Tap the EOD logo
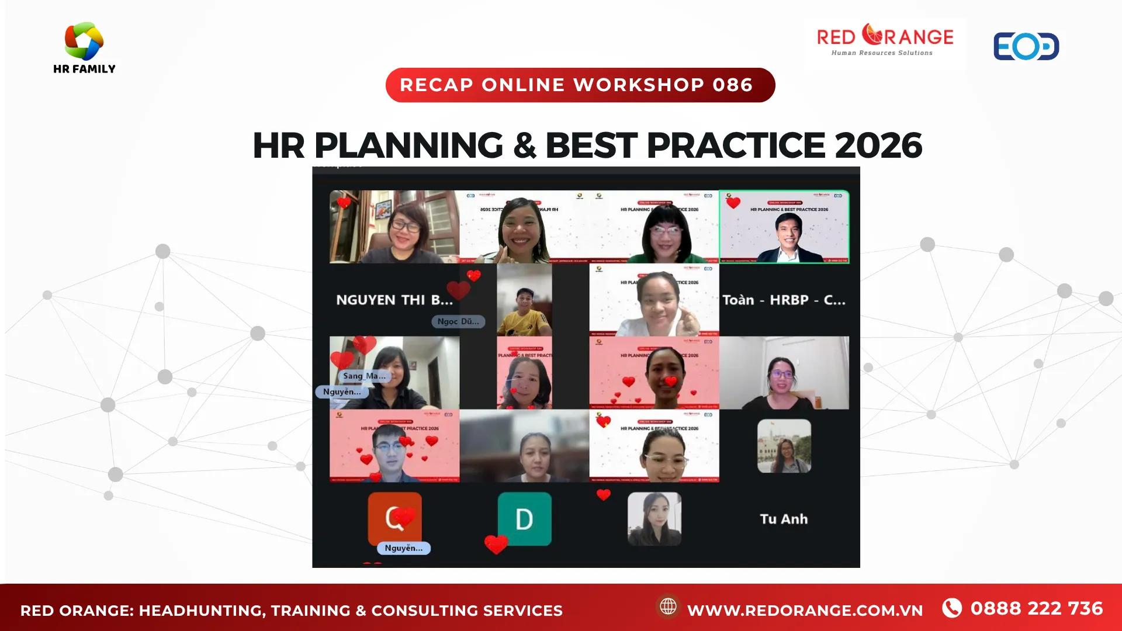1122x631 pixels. tap(1026, 47)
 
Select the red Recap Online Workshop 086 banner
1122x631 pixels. tap(580, 85)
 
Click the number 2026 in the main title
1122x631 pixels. tap(878, 145)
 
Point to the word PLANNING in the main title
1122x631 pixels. tap(408, 145)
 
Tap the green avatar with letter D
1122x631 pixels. tap(524, 519)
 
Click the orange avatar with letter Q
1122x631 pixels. tap(394, 518)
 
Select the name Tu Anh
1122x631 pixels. tap(784, 519)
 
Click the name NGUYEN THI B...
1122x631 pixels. tap(394, 300)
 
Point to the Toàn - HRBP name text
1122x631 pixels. tap(784, 300)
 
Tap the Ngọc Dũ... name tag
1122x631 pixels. tap(458, 321)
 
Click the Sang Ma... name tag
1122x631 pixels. tap(364, 376)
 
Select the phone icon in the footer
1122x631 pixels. tap(952, 608)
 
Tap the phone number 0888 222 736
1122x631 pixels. tap(1037, 609)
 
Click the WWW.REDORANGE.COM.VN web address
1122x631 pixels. tap(805, 611)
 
